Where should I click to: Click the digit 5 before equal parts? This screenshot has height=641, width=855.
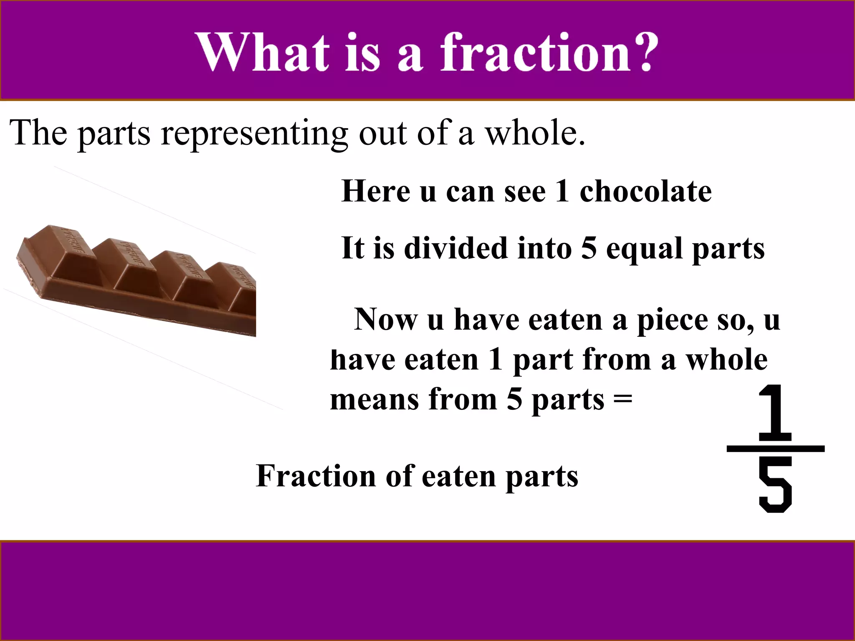pyautogui.click(x=589, y=248)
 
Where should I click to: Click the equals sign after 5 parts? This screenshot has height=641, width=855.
pyautogui.click(x=623, y=400)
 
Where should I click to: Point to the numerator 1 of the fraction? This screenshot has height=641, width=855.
pyautogui.click(x=775, y=413)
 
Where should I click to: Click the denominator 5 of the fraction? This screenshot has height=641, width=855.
pyautogui.click(x=775, y=485)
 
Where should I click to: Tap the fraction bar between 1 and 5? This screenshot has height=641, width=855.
pyautogui.click(x=775, y=449)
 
